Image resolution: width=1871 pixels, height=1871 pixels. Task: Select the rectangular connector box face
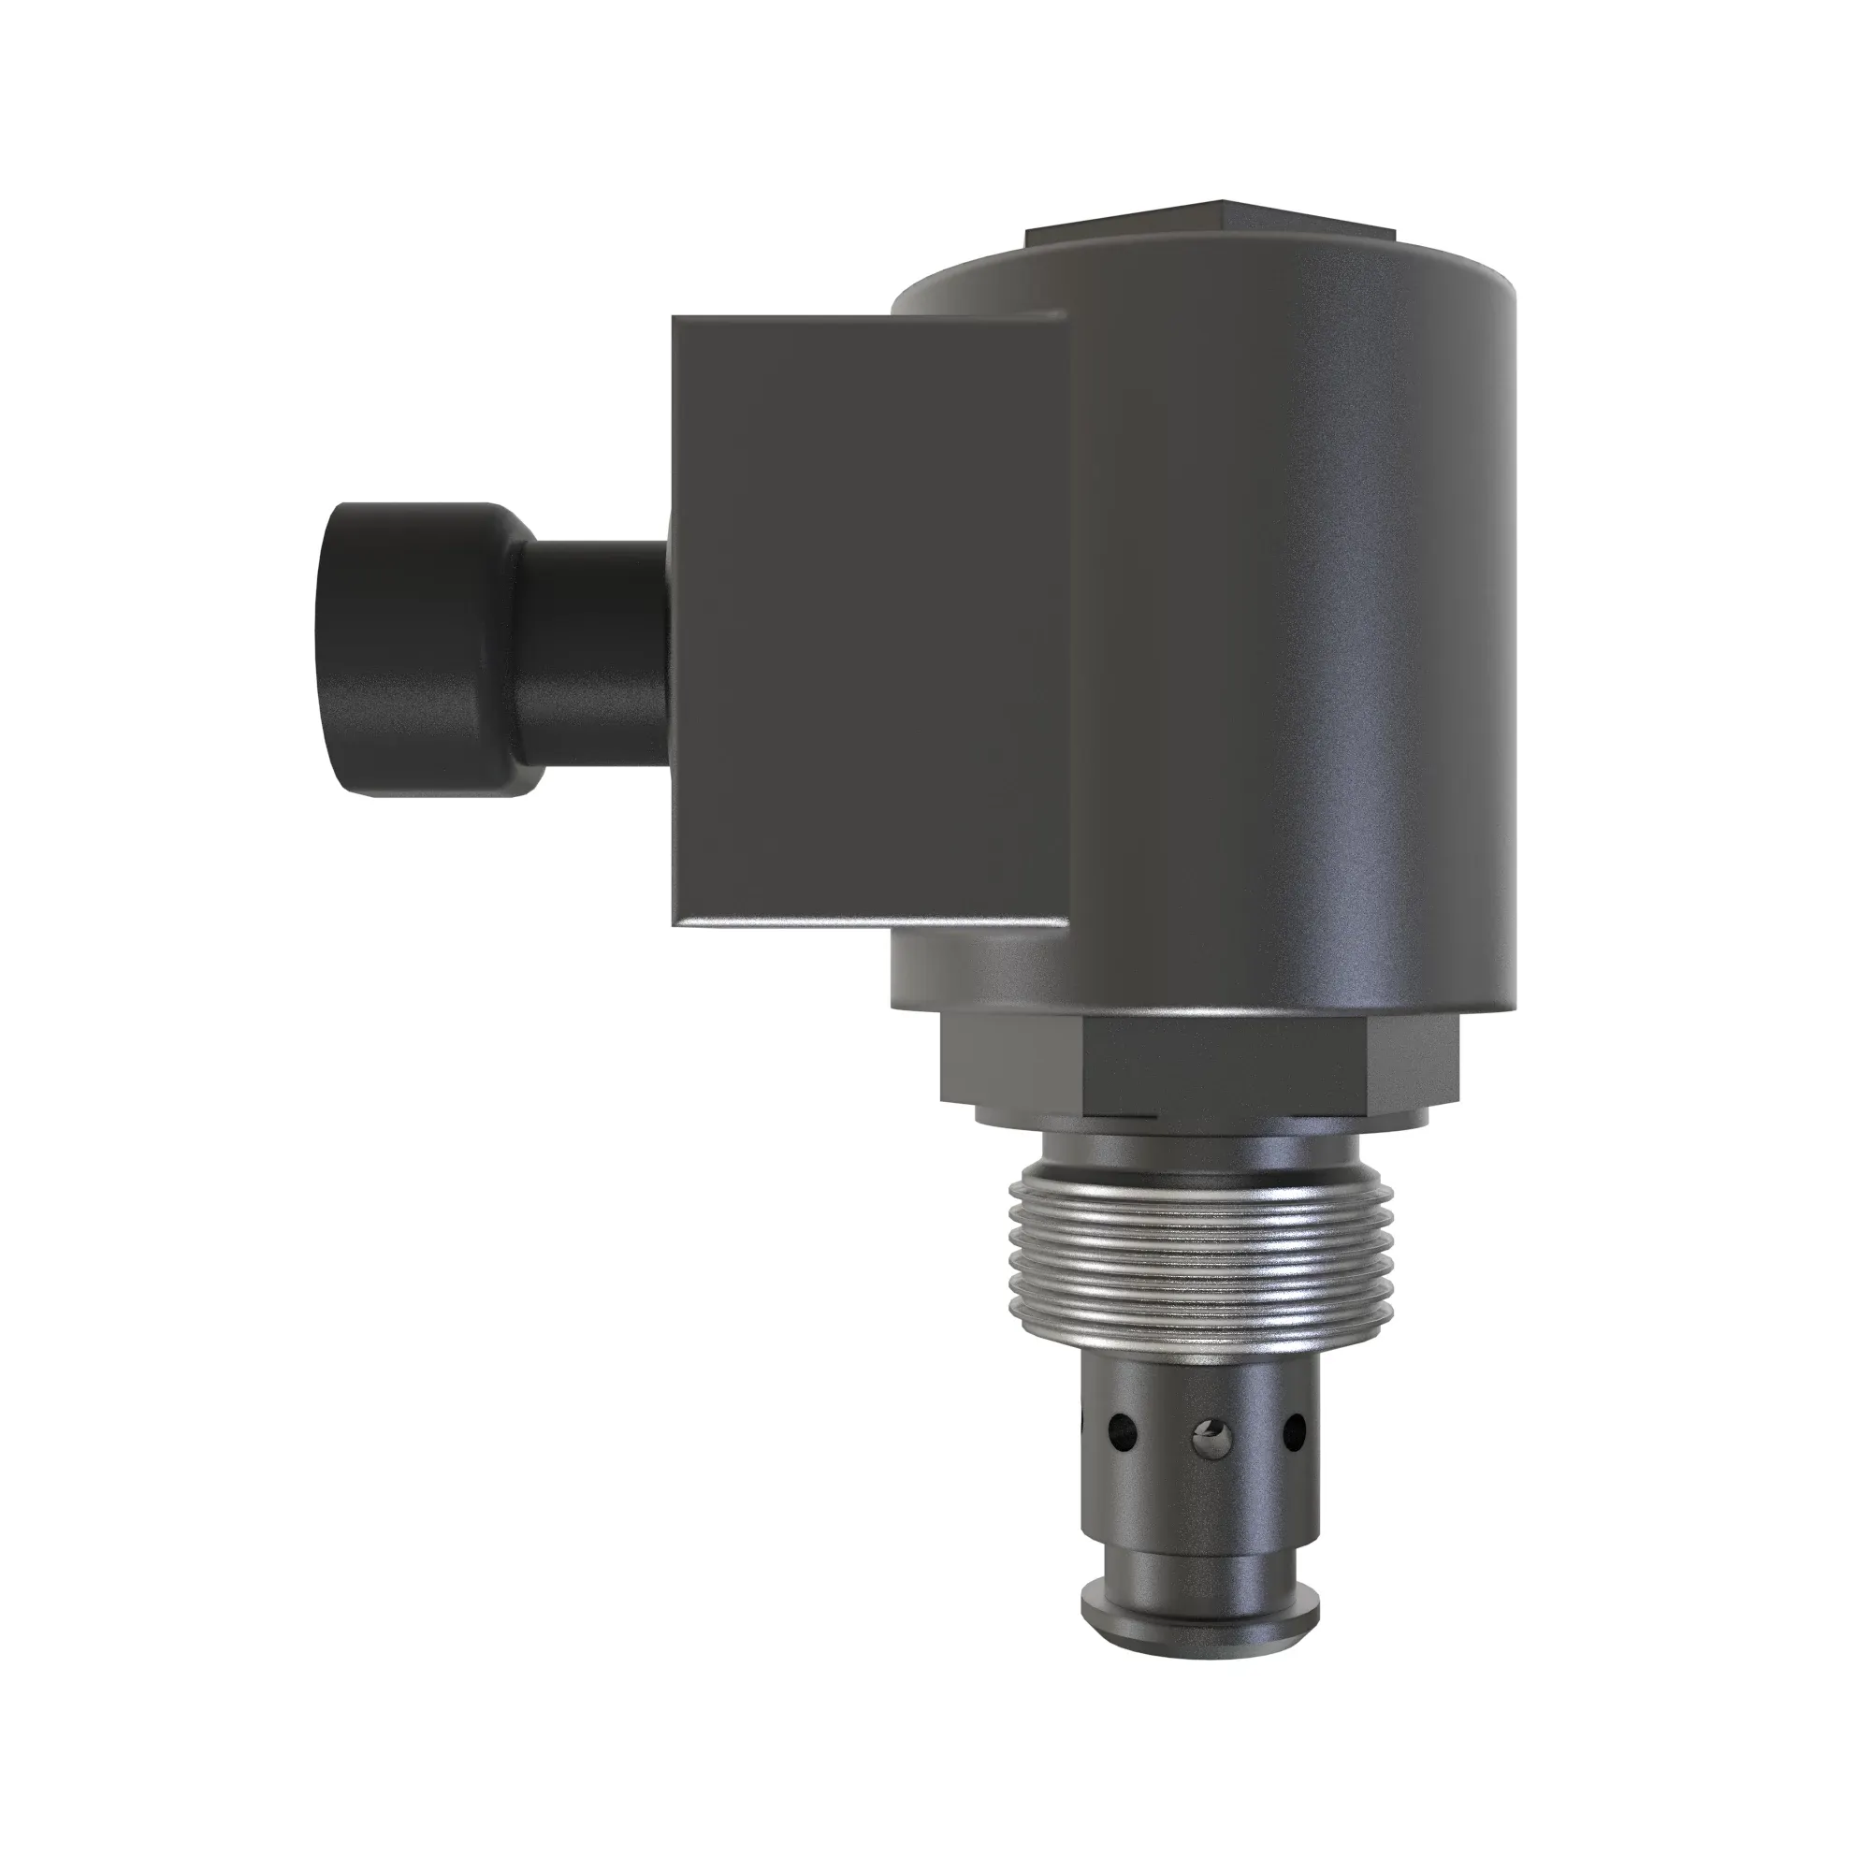[872, 620]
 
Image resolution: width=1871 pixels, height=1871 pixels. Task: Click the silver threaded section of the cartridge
[1201, 1259]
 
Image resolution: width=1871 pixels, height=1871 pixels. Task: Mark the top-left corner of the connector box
[675, 320]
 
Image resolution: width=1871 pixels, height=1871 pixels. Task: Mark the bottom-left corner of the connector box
[675, 923]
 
